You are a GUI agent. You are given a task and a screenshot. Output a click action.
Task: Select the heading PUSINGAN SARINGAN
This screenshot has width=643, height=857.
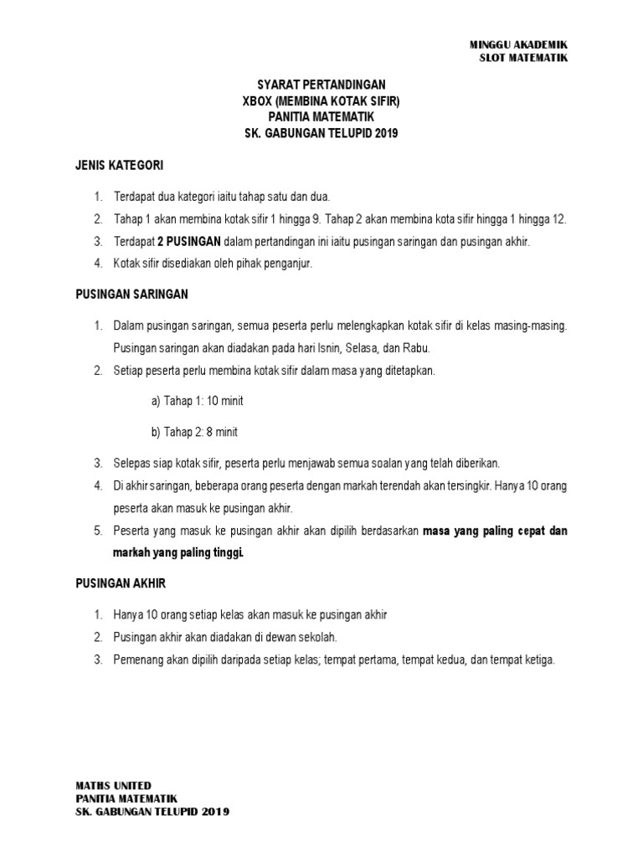click(x=131, y=294)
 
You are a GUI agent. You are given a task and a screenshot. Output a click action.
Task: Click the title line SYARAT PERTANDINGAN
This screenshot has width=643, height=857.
click(x=321, y=85)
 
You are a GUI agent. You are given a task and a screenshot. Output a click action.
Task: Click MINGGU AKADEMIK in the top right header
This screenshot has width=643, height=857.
click(x=519, y=44)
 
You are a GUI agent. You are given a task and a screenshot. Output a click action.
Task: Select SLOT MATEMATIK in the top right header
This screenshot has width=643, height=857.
click(x=523, y=58)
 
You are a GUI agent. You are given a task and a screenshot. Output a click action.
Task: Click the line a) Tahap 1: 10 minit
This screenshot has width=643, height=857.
click(x=198, y=401)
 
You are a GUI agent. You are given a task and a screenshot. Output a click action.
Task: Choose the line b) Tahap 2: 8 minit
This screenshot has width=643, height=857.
click(x=194, y=432)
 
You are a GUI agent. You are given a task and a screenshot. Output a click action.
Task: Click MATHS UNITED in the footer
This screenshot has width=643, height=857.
click(x=114, y=785)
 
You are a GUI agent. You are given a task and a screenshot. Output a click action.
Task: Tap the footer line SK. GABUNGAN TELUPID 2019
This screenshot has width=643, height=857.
click(x=152, y=812)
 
